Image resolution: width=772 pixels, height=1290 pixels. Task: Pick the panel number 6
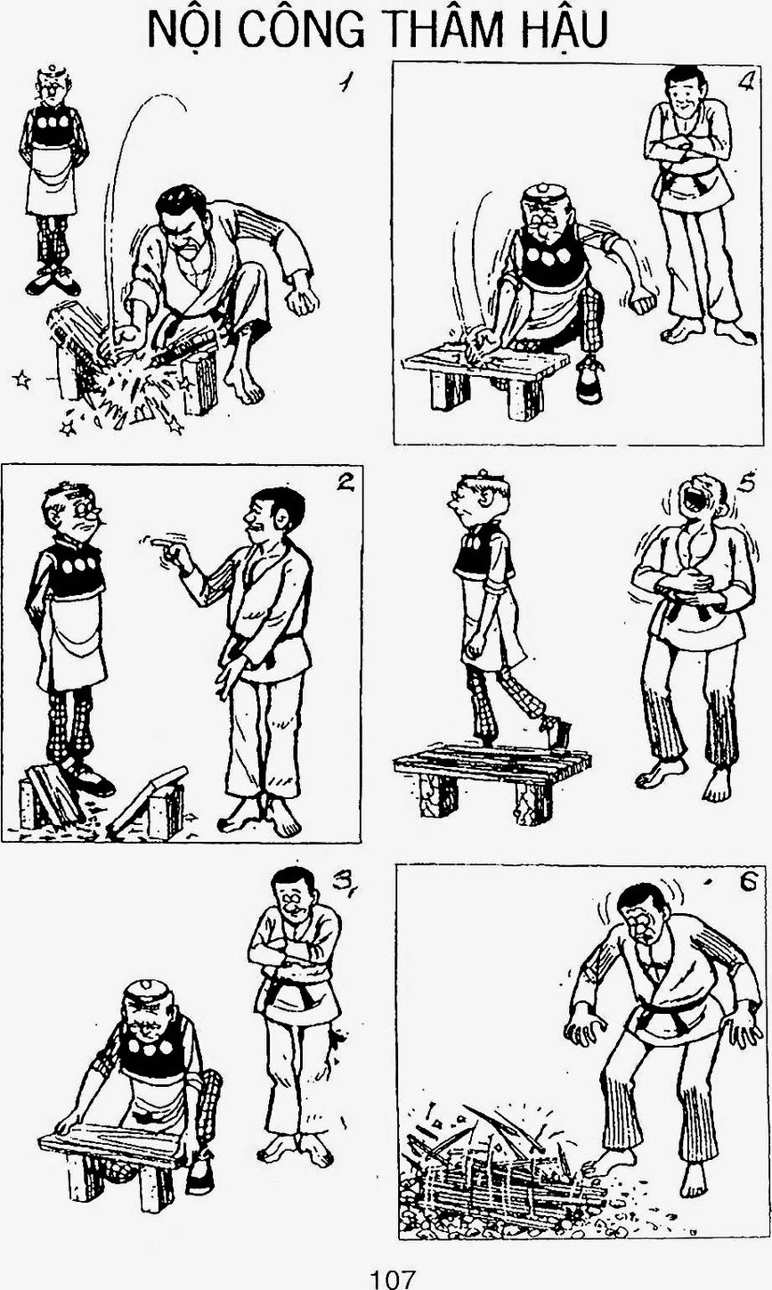click(748, 882)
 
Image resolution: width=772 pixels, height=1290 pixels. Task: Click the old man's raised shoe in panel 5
click(555, 732)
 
